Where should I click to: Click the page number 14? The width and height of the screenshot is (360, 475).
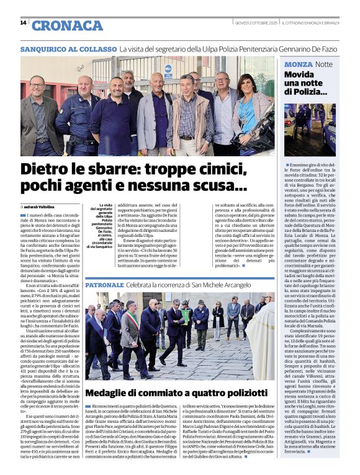pos(23,23)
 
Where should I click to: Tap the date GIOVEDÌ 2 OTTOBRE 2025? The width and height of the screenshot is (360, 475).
pos(250,23)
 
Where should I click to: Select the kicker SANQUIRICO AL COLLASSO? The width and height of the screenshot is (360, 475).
pos(68,48)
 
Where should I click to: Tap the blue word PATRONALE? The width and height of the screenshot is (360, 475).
pos(104,285)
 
